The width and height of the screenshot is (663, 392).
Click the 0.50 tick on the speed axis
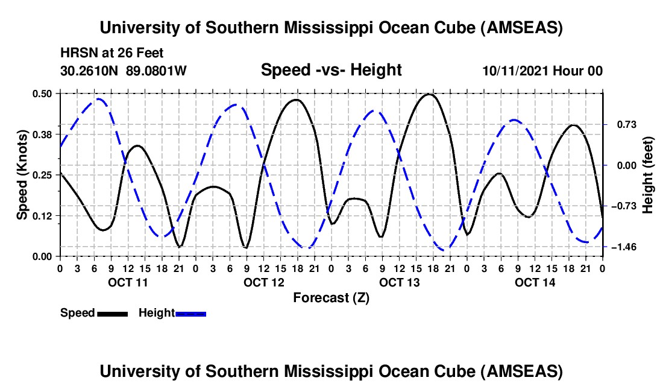44,93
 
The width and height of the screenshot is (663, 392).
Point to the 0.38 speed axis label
44,134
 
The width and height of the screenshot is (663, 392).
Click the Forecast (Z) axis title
331,297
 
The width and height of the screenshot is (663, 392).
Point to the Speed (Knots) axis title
22,175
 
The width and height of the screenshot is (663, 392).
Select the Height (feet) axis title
648,175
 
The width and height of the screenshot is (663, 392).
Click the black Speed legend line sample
112,313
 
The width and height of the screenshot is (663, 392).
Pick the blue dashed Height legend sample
190,313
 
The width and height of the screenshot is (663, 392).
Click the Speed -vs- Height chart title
331,71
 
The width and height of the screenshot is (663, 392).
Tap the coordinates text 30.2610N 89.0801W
124,71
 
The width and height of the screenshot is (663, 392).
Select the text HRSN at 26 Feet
112,53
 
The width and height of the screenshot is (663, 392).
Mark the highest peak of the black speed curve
429,94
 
